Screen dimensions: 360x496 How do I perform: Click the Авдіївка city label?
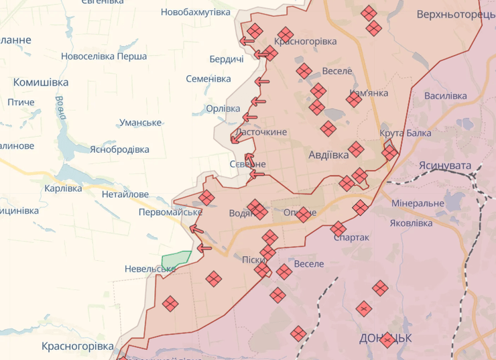[x=328, y=155]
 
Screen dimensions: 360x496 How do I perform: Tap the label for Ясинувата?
[x=444, y=166]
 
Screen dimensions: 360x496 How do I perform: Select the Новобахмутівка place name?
[x=196, y=12]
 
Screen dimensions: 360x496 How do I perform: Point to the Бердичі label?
[x=226, y=60]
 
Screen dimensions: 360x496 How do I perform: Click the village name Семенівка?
[x=208, y=78]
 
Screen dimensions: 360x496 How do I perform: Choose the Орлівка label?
[x=223, y=109]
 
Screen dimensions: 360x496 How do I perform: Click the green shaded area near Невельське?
[x=177, y=260]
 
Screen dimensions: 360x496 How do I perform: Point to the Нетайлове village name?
[x=125, y=194]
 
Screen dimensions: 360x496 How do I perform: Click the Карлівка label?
[x=63, y=188]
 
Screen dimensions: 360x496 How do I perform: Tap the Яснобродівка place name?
[x=119, y=149]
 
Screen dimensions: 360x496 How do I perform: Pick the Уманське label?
[x=140, y=123]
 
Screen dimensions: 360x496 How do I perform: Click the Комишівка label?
[x=41, y=82]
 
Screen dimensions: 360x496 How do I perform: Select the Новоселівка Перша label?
[x=104, y=56]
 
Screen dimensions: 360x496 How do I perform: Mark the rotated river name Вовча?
[x=60, y=108]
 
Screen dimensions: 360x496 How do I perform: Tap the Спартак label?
[x=351, y=237]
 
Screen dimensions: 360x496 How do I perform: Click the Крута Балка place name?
[x=405, y=133]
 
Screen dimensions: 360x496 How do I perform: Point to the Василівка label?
[x=445, y=96]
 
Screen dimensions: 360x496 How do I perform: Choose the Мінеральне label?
[x=418, y=203]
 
